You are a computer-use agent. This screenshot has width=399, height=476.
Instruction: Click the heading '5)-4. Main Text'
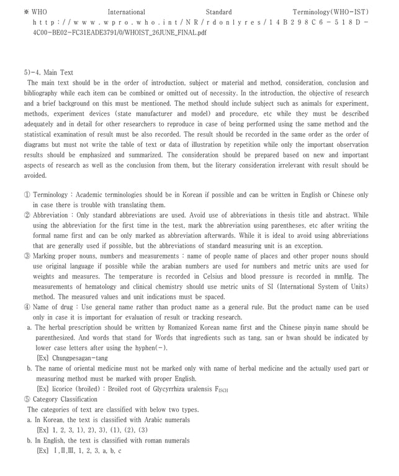point(48,73)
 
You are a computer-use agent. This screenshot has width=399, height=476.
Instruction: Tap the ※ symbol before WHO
point(26,12)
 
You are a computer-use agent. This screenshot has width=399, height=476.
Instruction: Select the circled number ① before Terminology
point(27,195)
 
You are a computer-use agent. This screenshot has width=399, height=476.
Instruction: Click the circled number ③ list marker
point(27,256)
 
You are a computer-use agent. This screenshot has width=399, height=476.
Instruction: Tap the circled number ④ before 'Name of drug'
point(27,307)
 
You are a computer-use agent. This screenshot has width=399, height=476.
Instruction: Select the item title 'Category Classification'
point(65,399)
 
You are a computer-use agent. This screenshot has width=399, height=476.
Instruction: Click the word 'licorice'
point(64,389)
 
